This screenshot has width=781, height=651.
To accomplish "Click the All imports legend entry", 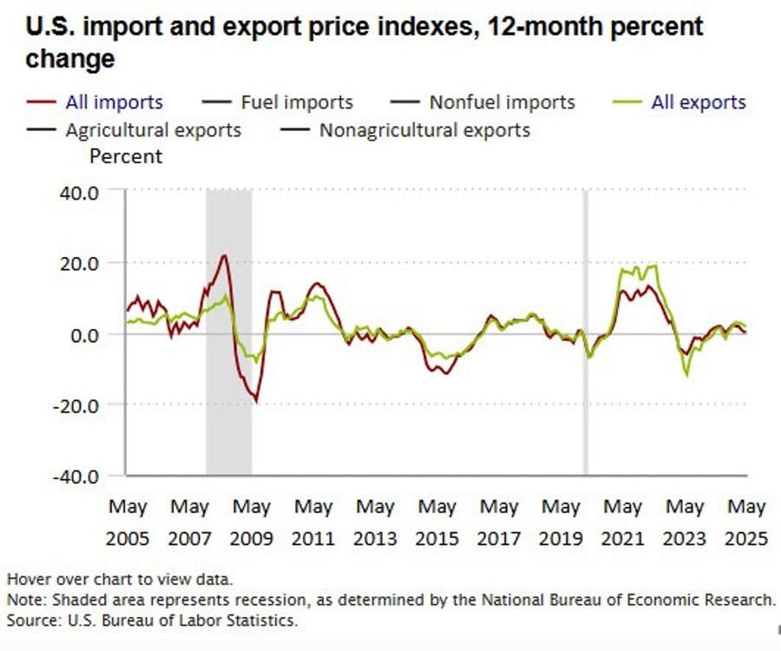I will coord(114,102).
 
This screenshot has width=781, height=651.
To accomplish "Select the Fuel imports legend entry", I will coord(296,102).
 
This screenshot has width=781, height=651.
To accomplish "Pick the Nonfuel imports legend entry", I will coord(502,102).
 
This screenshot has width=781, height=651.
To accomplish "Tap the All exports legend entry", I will coord(698,102).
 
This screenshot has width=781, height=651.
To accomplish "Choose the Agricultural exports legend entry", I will coord(153,131).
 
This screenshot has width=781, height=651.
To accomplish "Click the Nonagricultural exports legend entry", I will coord(424,131).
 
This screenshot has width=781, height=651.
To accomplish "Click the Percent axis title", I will coord(126,156).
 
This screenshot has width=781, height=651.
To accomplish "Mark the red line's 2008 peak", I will coord(224,255).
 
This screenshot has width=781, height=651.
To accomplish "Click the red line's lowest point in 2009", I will coord(256,401).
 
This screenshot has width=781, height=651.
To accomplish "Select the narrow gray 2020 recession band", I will coord(586,330).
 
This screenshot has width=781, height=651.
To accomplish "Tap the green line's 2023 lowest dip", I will coord(687,375).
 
